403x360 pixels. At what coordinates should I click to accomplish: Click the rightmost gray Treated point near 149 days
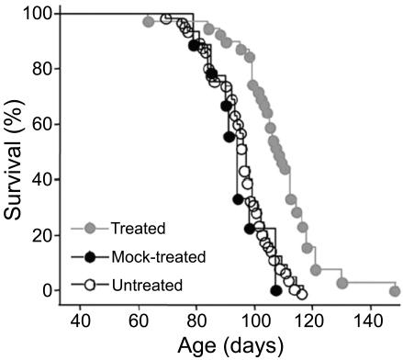click(x=395, y=290)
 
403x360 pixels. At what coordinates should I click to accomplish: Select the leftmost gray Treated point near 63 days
click(x=149, y=21)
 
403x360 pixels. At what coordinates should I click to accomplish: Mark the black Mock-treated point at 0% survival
click(x=276, y=290)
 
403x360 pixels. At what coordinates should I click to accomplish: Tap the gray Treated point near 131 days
click(x=342, y=283)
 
